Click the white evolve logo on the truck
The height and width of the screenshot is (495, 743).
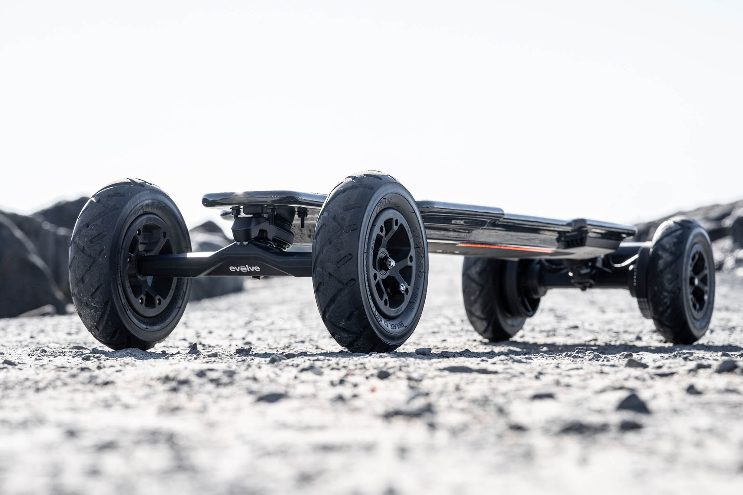[244, 268]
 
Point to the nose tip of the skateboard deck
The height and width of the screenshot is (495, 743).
[208, 201]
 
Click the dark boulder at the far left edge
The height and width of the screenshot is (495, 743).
[22, 267]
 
